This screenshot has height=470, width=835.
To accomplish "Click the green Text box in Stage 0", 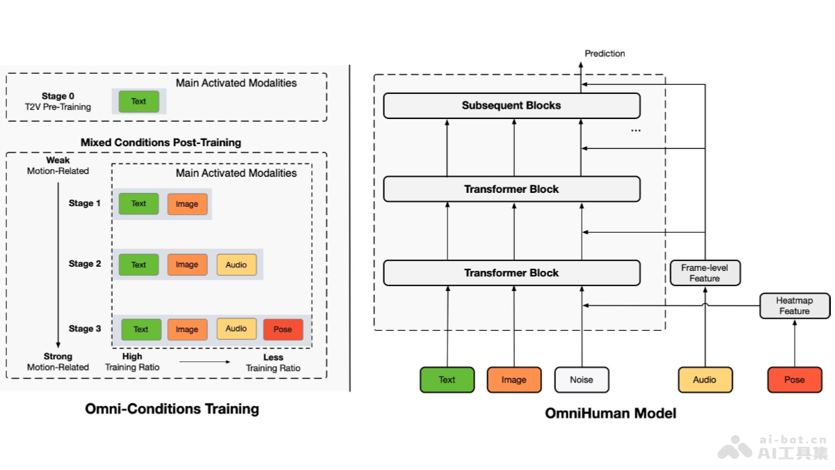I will pos(138,102).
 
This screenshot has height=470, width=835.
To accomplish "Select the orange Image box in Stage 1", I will pos(187,204).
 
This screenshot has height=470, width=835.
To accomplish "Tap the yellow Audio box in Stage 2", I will pos(236,265).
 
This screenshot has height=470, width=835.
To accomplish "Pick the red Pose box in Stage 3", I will pos(283,329).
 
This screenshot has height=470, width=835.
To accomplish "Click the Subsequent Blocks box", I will pos(511,106).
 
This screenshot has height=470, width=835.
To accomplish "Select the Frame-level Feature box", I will pos(704,273).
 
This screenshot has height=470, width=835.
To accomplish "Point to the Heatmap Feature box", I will pos(794,306).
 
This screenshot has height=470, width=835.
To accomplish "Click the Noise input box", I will pos(582,379).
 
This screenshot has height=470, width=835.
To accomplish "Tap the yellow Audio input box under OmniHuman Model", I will pos(705,379).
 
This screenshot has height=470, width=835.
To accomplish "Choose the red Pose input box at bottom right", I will pos(794,379).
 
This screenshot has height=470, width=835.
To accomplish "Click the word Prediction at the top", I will pos(605,54).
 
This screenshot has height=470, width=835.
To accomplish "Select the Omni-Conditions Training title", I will pos(172,409).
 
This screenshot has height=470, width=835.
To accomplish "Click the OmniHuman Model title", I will pos(610,414).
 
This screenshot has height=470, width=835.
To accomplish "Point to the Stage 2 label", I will pos(85,264).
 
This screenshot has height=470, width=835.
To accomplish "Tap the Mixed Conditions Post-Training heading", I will pos(161,143).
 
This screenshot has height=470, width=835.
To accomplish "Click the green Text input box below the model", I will pos(447,379).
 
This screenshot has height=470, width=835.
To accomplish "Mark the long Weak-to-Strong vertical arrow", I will pos(58,265).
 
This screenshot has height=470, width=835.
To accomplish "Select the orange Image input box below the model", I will pos(514,379).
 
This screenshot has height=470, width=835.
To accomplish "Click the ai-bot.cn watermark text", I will pos(793,440).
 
